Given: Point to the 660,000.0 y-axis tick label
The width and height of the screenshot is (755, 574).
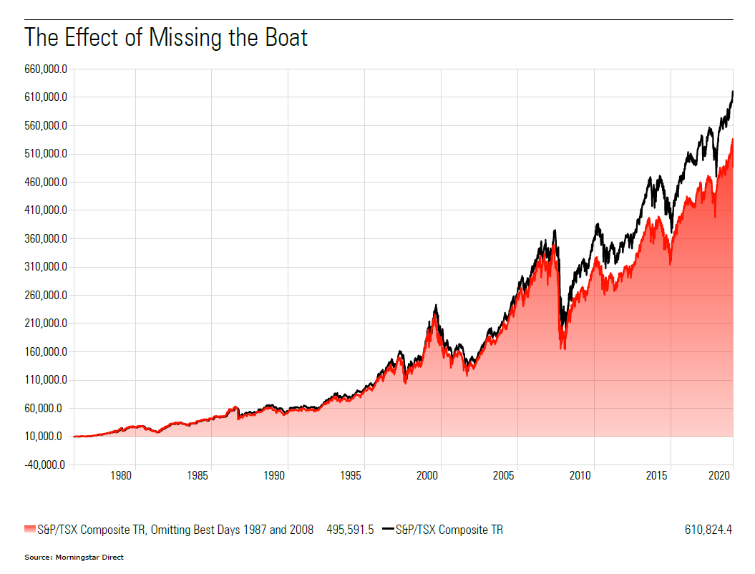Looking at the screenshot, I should tap(46, 69).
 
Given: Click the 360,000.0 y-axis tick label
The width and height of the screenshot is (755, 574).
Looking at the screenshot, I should tap(46, 239).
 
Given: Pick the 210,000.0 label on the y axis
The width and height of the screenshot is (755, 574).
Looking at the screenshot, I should tap(46, 324).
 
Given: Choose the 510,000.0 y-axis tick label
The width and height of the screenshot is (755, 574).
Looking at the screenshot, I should tap(46, 154).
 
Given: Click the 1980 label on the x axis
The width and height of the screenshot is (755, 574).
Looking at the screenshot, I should tap(122, 476).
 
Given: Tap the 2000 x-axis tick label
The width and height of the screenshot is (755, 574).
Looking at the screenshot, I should tap(428, 476).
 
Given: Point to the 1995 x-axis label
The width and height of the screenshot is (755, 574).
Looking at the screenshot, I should tap(351, 476).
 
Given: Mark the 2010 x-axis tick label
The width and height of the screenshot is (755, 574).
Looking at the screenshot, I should tap(581, 476).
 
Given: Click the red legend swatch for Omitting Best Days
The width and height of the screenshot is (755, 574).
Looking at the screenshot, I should tap(29, 530).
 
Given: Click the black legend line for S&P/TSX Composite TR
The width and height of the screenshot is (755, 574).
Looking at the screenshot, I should tap(388, 530).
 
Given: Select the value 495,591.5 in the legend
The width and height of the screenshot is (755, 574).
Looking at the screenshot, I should tap(350, 530).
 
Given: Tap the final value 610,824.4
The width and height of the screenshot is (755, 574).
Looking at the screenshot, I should tap(708, 530).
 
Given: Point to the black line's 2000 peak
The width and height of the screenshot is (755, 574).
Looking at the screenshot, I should tap(436, 306).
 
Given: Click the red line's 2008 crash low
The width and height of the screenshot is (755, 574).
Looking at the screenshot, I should tap(563, 349).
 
